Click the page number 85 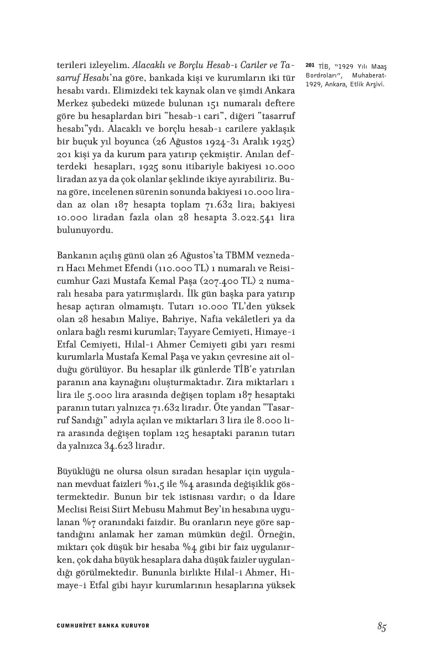(x=381, y=626)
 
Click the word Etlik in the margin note (x=350, y=84)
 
